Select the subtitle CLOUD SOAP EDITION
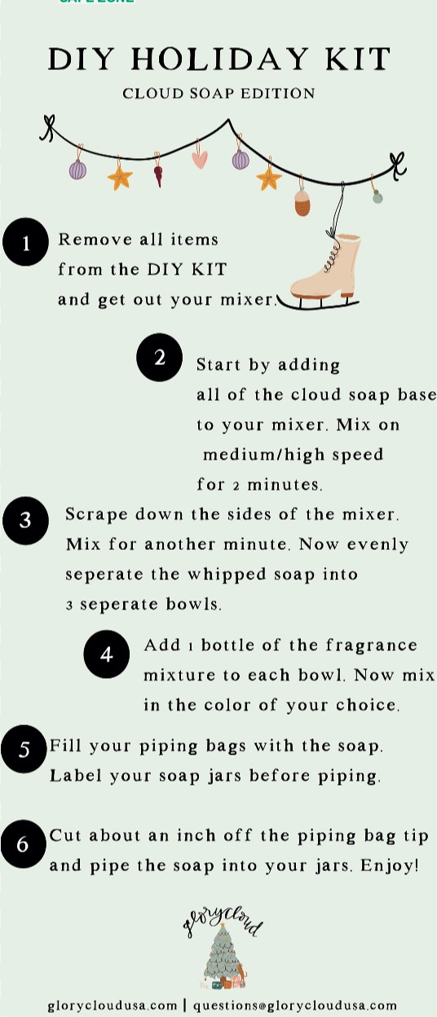218,94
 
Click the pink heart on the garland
199,159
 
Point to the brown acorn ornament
302,203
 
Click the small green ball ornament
377,196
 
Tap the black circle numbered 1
25,243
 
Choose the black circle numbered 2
159,358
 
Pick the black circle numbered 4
107,654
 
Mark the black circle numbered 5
24,749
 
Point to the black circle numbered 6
24,844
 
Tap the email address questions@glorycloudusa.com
295,1006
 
